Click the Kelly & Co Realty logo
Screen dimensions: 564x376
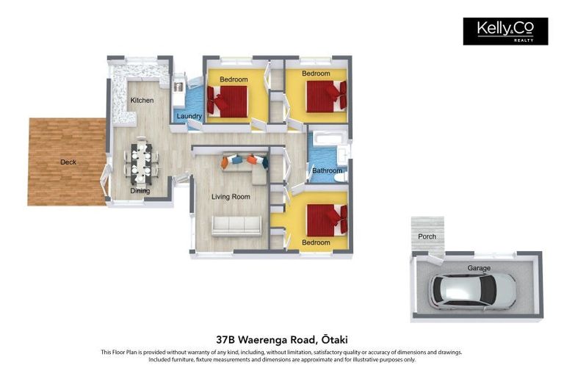click(505, 32)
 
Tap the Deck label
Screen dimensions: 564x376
click(68, 162)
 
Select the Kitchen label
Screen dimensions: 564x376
click(142, 101)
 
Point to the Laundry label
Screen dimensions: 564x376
click(189, 116)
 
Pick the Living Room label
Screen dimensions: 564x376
click(231, 197)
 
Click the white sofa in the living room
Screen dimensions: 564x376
click(236, 225)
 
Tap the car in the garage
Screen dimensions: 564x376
click(472, 292)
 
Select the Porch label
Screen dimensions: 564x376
click(427, 236)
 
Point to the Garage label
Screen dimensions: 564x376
click(479, 268)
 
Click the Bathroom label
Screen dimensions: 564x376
click(328, 170)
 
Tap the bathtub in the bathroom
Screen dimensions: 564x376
click(330, 139)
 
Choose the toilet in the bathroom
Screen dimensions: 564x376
click(341, 177)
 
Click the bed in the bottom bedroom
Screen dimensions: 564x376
click(327, 220)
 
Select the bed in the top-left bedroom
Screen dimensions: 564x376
click(227, 101)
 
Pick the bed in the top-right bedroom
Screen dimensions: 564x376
click(327, 96)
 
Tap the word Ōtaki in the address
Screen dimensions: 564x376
click(335, 339)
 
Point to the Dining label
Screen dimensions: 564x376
click(140, 191)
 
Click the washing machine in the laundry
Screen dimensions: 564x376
click(178, 87)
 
